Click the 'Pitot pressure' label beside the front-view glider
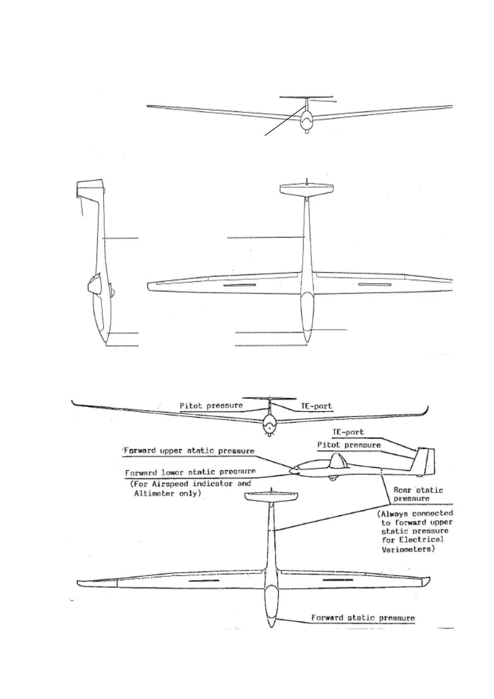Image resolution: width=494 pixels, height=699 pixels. pos(211,406)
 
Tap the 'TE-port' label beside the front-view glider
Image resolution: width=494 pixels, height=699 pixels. pos(316,406)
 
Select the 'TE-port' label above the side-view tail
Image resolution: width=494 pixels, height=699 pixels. pos(348,432)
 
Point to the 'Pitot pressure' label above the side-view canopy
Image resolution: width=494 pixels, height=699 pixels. pos(349,445)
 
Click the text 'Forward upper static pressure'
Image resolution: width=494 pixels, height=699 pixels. pos(189,451)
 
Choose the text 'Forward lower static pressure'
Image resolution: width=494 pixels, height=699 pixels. pos(190,472)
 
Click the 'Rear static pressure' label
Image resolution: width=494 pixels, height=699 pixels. pos(418,494)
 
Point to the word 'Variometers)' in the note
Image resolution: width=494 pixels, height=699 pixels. pos(408,549)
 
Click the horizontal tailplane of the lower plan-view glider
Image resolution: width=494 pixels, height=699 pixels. pos(271,497)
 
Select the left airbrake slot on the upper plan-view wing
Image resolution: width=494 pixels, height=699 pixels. pos(240,286)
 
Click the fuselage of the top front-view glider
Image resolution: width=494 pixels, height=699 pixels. pos(306,121)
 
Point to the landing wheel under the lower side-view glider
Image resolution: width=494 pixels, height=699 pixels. pos(331,479)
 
